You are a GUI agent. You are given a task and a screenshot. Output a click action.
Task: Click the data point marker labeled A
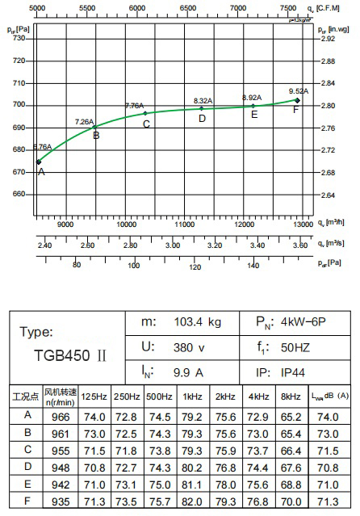[39, 162]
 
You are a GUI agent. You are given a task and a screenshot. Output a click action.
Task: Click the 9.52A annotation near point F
[298, 90]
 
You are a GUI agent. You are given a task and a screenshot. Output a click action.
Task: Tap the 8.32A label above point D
[203, 100]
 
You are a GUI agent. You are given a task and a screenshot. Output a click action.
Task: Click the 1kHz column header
[192, 396]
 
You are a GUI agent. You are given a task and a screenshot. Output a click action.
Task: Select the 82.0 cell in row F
[192, 501]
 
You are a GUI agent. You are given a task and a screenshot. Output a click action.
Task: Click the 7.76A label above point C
[134, 106]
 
